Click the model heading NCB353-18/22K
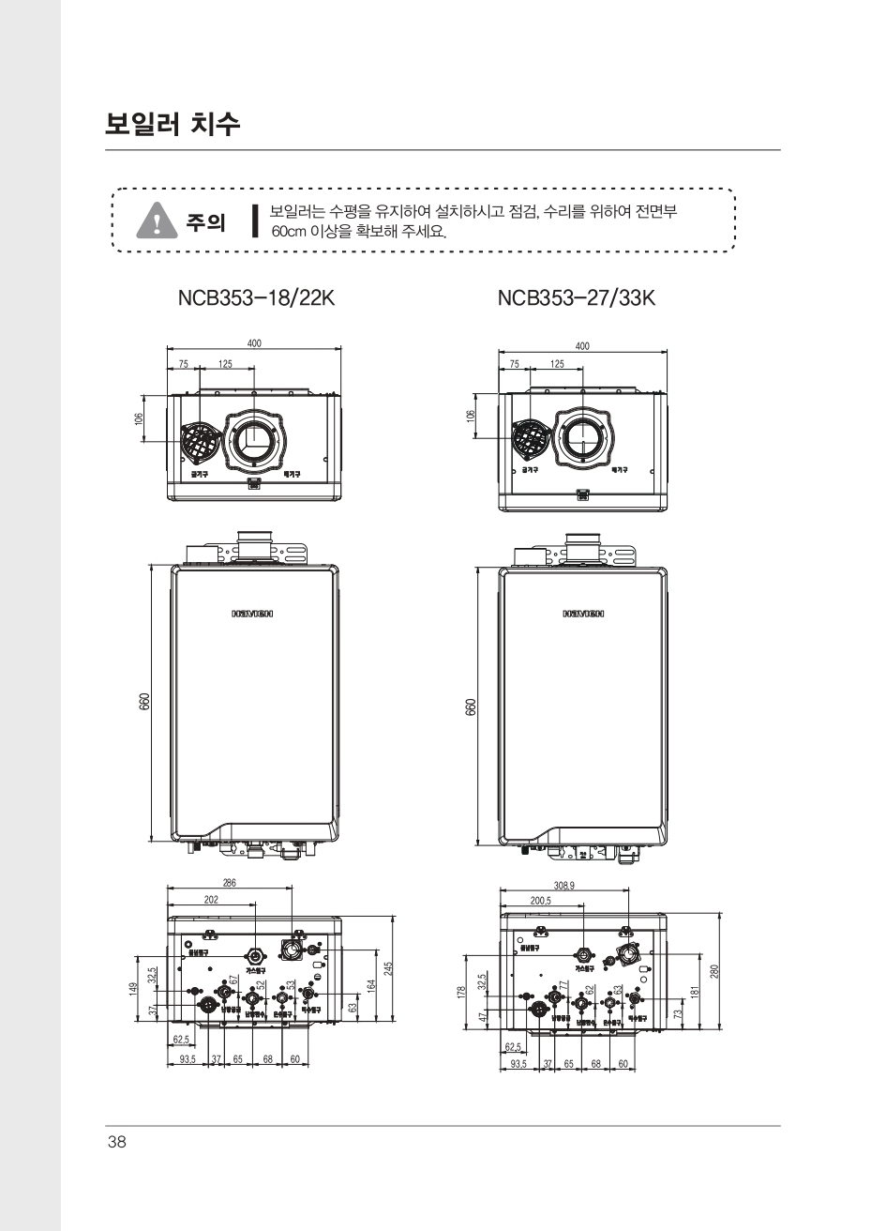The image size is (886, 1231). pyautogui.click(x=256, y=298)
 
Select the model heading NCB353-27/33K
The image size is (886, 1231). pyautogui.click(x=576, y=298)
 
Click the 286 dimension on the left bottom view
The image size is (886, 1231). pyautogui.click(x=230, y=882)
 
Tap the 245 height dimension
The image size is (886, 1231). pyautogui.click(x=388, y=967)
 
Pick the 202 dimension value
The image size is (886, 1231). pyautogui.click(x=211, y=899)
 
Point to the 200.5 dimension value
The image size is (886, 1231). pyautogui.click(x=541, y=901)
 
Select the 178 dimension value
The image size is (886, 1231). pyautogui.click(x=462, y=993)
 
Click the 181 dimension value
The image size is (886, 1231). pyautogui.click(x=695, y=991)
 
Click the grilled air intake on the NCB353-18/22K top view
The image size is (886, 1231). pyautogui.click(x=199, y=440)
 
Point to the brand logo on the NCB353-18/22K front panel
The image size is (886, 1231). pyautogui.click(x=252, y=615)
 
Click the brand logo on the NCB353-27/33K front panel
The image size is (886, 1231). pyautogui.click(x=583, y=615)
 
